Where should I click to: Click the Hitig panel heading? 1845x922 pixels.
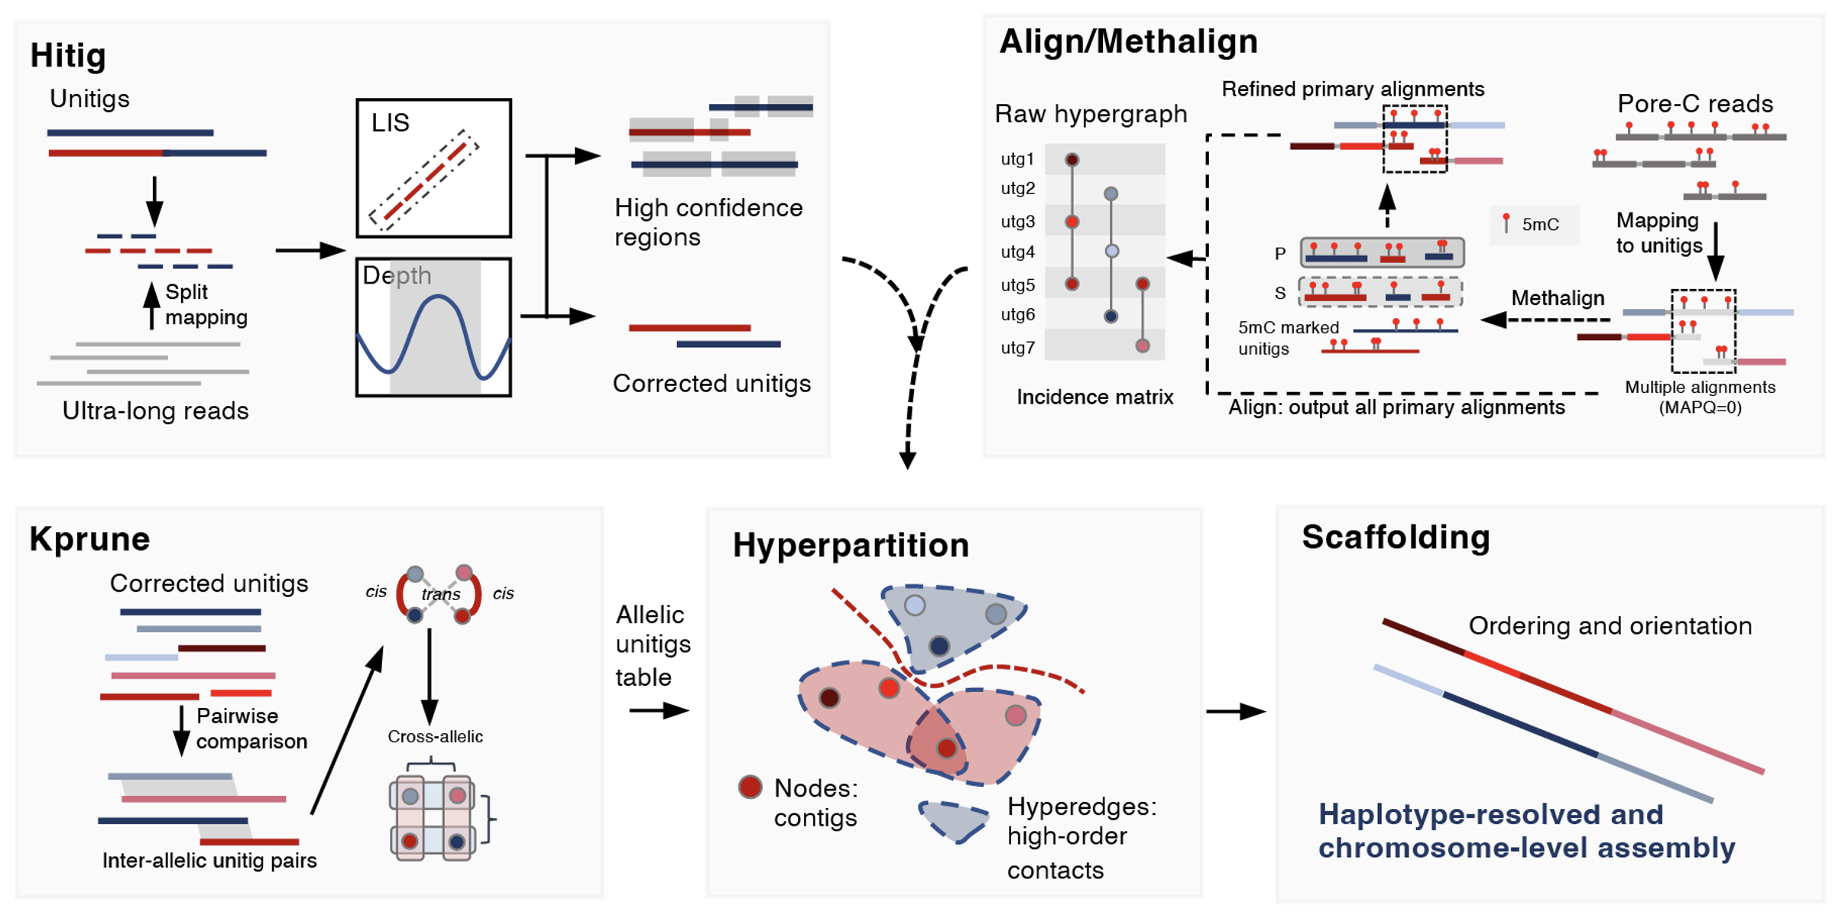(68, 56)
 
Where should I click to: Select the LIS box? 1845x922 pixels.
(433, 168)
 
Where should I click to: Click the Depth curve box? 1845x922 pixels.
(433, 327)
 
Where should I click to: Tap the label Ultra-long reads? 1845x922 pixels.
(155, 411)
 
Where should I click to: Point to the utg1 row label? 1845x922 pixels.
(1017, 159)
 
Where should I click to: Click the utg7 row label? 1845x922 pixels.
(1017, 348)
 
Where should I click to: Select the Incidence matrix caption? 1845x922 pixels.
(1094, 398)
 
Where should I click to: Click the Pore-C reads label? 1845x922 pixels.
(1694, 103)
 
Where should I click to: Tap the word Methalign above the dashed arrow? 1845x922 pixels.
(1558, 298)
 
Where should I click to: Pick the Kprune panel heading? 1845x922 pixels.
(89, 539)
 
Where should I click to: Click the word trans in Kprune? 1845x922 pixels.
(441, 594)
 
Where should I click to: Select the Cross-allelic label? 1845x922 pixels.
(435, 737)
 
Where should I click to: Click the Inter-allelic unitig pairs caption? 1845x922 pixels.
(209, 861)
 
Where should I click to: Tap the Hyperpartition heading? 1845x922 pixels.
(851, 546)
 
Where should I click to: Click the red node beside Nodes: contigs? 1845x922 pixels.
(751, 787)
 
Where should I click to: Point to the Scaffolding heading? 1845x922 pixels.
(1396, 537)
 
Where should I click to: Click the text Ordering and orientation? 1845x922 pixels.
(1610, 626)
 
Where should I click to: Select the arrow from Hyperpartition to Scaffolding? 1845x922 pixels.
(1235, 712)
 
